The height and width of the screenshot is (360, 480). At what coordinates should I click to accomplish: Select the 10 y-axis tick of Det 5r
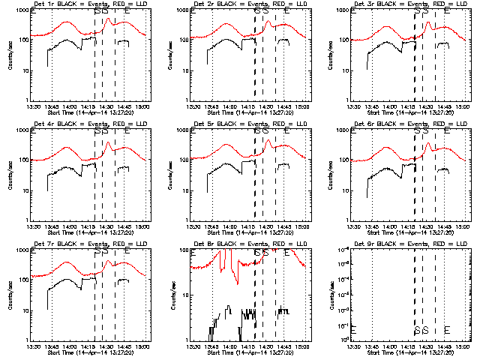pyautogui.click(x=185, y=191)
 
